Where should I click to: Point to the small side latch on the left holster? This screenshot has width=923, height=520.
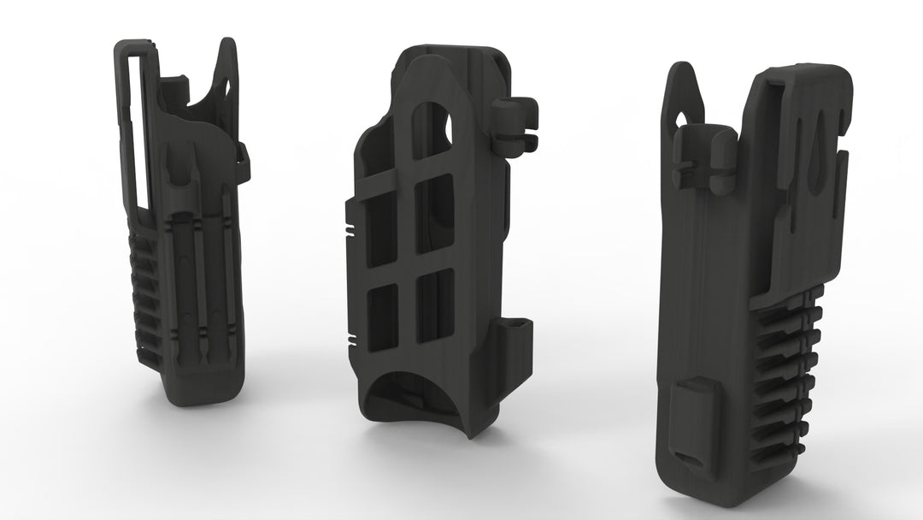[x=242, y=154]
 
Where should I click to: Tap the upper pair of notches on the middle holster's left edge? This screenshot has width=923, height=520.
[x=351, y=230]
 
